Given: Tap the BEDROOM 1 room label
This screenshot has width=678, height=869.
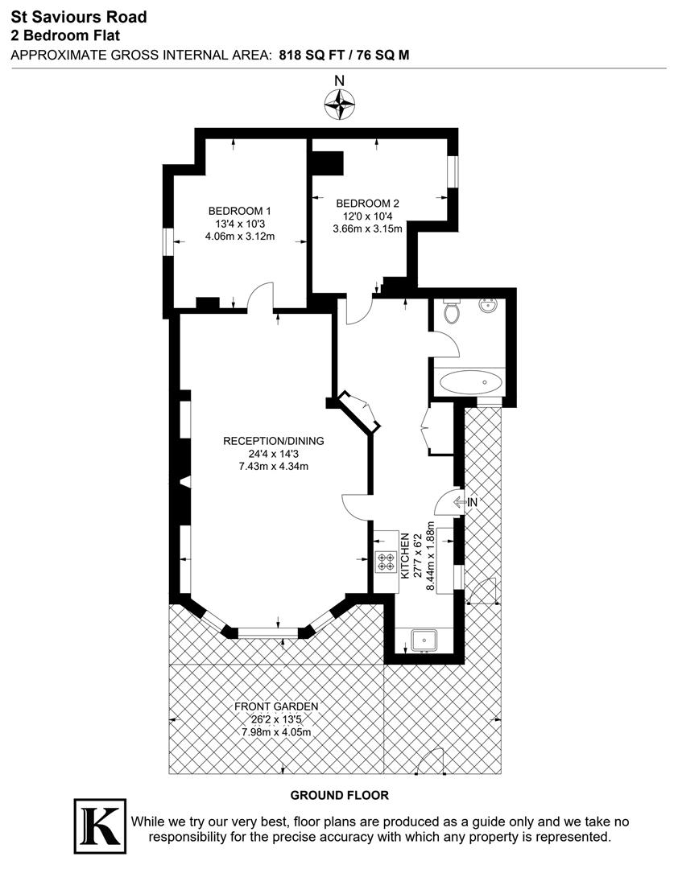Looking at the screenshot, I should click(x=240, y=211).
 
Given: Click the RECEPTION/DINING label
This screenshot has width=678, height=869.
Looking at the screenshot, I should click(x=273, y=441).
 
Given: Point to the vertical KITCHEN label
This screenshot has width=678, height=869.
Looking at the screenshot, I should click(x=406, y=554).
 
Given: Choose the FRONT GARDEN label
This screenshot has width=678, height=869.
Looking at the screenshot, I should click(x=276, y=706).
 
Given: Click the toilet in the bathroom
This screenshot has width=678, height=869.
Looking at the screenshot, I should click(x=451, y=311).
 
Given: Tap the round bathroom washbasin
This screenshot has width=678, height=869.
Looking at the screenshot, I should click(x=488, y=306).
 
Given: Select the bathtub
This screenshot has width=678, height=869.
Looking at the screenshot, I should click(x=470, y=381).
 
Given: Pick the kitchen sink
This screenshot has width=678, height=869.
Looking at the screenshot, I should click(x=423, y=640).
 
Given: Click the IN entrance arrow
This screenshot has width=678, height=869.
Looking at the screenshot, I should click(x=465, y=503).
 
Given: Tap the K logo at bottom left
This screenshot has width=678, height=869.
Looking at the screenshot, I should click(x=100, y=826).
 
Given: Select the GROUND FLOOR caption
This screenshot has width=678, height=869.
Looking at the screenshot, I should click(x=339, y=795).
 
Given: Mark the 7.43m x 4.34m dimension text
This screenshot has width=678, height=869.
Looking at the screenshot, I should click(x=273, y=467).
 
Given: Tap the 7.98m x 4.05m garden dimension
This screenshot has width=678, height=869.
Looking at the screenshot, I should click(x=276, y=732).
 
